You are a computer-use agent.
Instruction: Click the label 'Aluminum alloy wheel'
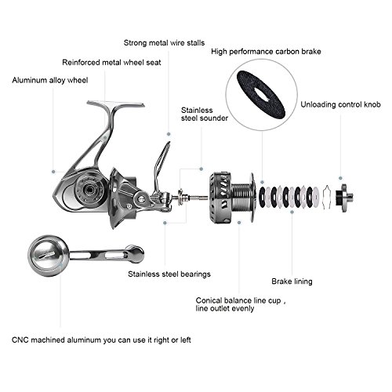point(50,80)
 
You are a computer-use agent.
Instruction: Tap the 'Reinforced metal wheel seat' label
point(111,63)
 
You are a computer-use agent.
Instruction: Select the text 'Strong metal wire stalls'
point(164,43)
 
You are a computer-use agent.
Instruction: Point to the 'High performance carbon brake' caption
point(266,52)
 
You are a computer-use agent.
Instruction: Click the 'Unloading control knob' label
point(340,104)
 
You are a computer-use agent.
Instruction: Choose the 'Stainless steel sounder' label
point(205,114)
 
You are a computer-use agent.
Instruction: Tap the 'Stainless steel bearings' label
point(169,274)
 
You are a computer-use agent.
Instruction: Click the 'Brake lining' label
point(292,281)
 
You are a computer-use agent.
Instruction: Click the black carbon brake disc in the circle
point(260,94)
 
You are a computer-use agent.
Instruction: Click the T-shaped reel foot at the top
point(116,104)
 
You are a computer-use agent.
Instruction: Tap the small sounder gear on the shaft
point(181,197)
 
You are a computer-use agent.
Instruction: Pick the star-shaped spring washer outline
point(327,198)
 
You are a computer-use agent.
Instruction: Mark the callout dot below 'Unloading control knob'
point(340,178)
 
